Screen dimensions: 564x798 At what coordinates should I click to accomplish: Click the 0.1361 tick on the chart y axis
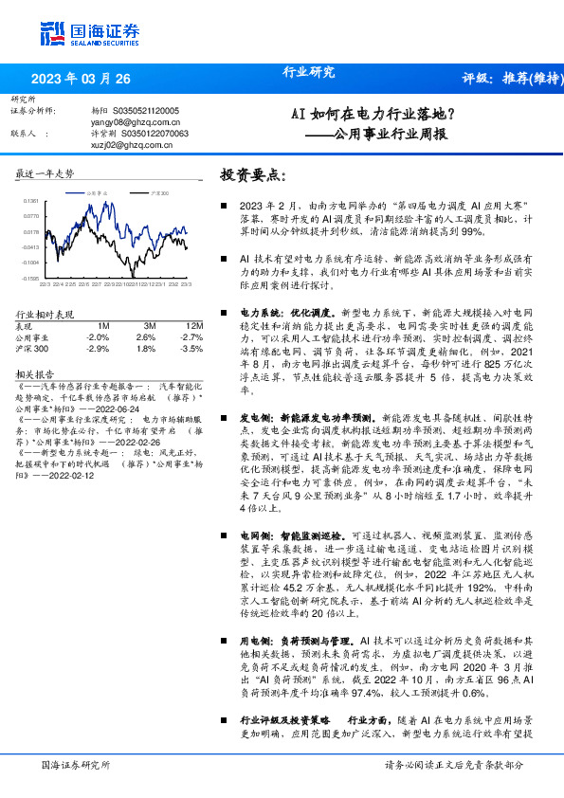point(32,201)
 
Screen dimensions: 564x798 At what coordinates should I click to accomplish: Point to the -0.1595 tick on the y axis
point(32,279)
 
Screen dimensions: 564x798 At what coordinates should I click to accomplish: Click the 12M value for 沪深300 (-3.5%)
point(191,349)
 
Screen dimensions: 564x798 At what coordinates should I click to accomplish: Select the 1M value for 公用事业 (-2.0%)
point(98,337)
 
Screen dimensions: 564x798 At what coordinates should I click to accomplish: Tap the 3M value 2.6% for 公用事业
point(146,337)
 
